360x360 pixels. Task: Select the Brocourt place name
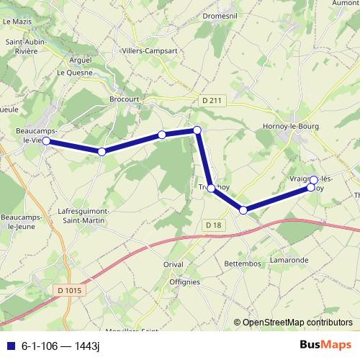click(x=123, y=99)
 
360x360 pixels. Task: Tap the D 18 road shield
click(x=212, y=225)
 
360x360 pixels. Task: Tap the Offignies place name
click(x=184, y=282)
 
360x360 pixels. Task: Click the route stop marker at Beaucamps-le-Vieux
click(x=46, y=141)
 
